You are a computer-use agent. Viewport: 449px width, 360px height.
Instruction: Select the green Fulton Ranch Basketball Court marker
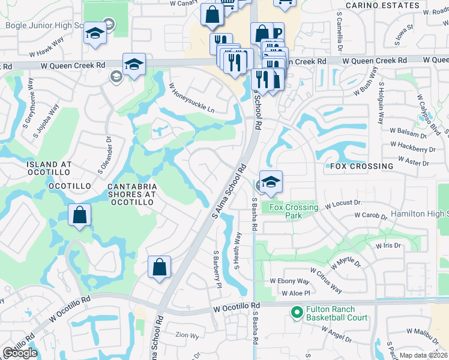[296, 313]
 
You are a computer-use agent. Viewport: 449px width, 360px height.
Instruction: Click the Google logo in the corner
[20, 353]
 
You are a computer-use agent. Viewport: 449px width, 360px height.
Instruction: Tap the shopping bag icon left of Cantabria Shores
[79, 216]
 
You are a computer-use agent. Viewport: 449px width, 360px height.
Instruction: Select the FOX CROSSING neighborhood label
[361, 166]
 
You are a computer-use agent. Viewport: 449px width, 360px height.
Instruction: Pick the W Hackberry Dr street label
[412, 148]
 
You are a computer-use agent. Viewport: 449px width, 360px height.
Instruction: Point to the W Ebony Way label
[289, 281]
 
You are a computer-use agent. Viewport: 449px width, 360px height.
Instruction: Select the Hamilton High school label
[419, 214]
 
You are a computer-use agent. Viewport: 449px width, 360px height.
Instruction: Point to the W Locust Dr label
[344, 205]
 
